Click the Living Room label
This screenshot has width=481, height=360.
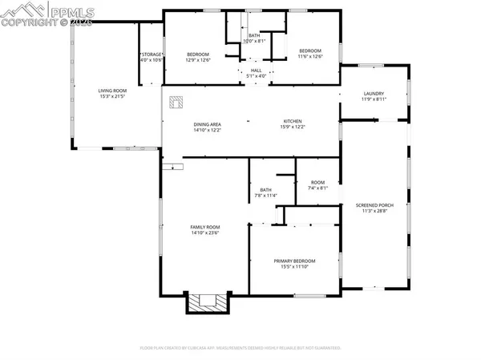[112, 91]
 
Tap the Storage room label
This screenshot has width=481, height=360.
[152, 54]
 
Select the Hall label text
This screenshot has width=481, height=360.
[256, 71]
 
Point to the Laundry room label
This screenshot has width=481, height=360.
[374, 93]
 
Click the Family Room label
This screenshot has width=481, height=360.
[205, 227]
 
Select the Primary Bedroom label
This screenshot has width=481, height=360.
[294, 261]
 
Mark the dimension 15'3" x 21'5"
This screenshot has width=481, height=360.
[112, 96]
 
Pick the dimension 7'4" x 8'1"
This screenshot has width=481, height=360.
[318, 188]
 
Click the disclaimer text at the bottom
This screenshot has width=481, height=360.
[240, 348]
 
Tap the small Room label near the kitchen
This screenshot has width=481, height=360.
[318, 183]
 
